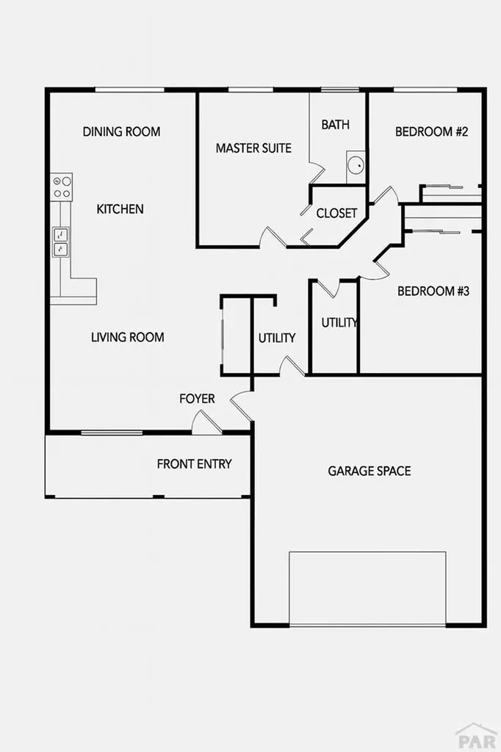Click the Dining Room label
coord(121,132)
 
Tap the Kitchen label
coord(120,209)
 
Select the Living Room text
coord(127,338)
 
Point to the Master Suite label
coord(253,148)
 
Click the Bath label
coord(335,125)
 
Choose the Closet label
coord(336,214)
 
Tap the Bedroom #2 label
coord(432,132)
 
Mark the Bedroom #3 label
coord(433,292)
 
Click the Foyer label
coord(198,399)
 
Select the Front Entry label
coord(194,464)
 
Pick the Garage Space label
coord(369,471)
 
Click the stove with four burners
coord(61,187)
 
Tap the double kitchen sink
coord(60,242)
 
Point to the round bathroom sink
coord(356,165)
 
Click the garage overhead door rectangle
coord(367,588)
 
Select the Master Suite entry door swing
coord(273,237)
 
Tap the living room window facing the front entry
coord(112,433)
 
